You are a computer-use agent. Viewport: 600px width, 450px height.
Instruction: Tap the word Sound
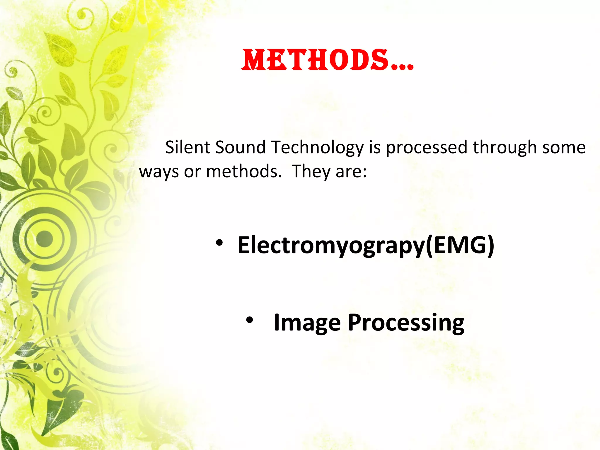[x=240, y=147]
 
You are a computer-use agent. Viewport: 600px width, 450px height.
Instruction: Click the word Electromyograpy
[x=331, y=246]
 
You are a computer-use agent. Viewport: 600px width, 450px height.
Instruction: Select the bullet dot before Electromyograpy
[x=219, y=243]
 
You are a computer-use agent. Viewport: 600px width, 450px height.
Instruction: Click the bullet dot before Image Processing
[x=249, y=320]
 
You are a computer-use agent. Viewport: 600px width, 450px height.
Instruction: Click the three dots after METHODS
[x=403, y=67]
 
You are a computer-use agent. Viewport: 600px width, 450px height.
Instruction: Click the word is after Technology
[x=374, y=147]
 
